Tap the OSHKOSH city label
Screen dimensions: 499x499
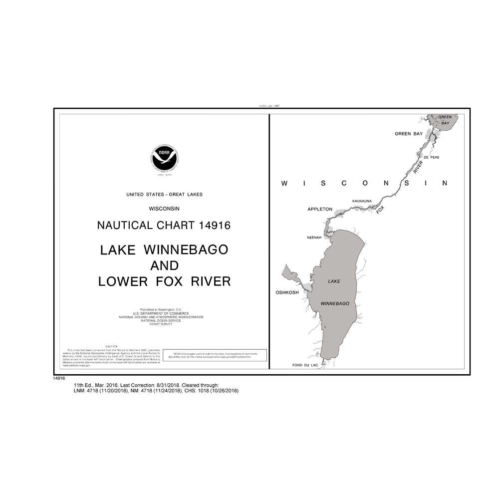pyautogui.click(x=287, y=293)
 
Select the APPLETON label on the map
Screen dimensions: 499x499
pyautogui.click(x=320, y=209)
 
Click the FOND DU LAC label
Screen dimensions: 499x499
pyautogui.click(x=305, y=366)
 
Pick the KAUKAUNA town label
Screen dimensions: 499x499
pyautogui.click(x=362, y=201)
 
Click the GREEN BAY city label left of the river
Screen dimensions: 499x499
pyautogui.click(x=409, y=134)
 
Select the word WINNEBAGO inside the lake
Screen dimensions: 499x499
pyautogui.click(x=334, y=303)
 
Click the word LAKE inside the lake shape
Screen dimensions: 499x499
pyautogui.click(x=334, y=282)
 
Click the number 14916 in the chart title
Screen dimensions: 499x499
pyautogui.click(x=213, y=225)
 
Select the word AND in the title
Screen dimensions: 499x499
pyautogui.click(x=164, y=265)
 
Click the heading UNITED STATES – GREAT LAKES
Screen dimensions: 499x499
pyautogui.click(x=164, y=194)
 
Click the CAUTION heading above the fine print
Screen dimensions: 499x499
pyautogui.click(x=111, y=346)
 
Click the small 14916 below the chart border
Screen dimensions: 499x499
pyautogui.click(x=59, y=379)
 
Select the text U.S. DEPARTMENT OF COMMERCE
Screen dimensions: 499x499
pyautogui.click(x=164, y=314)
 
